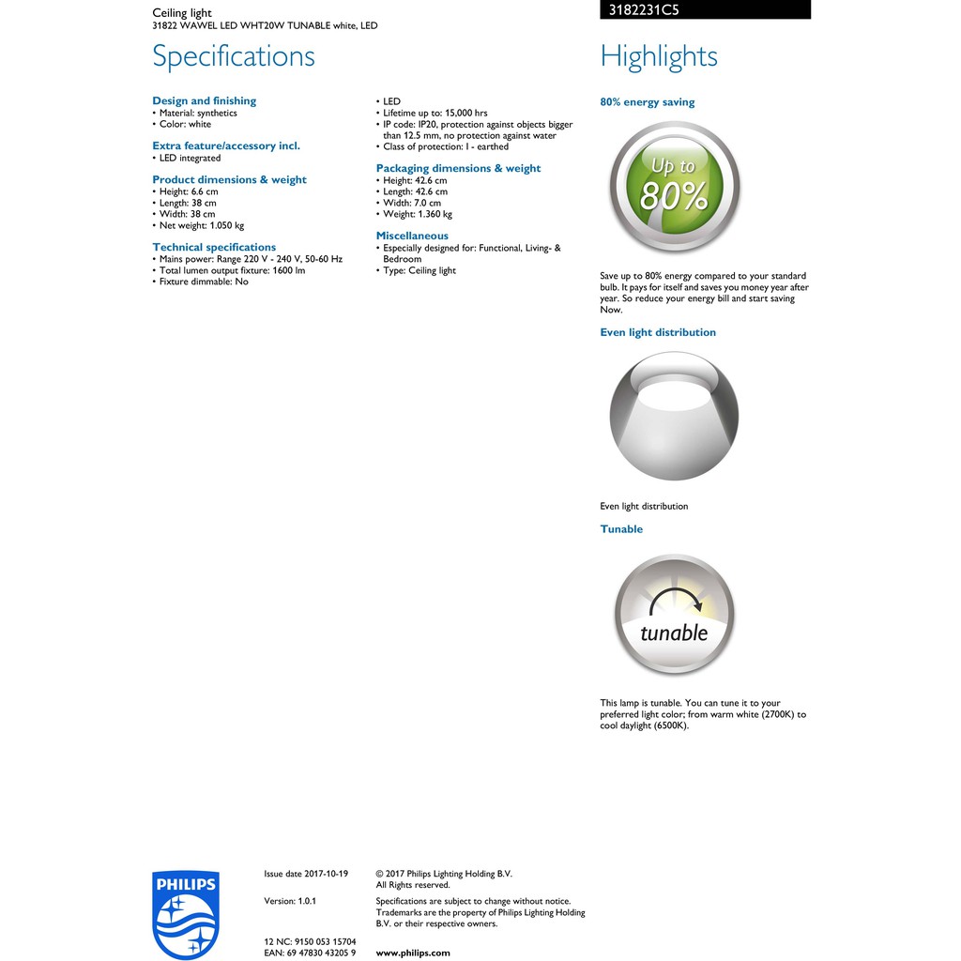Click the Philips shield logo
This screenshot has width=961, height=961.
click(185, 913)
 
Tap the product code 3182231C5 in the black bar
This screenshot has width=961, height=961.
click(639, 10)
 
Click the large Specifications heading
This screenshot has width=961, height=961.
click(234, 56)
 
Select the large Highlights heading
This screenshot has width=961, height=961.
click(659, 56)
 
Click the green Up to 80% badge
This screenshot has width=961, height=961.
click(674, 188)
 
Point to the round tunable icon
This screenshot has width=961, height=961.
click(674, 615)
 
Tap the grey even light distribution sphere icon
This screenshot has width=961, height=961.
click(674, 416)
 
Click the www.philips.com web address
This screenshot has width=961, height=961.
click(413, 953)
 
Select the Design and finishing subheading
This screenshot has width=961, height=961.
click(204, 101)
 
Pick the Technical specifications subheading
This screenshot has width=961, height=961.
click(214, 248)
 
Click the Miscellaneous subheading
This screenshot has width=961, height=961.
click(412, 236)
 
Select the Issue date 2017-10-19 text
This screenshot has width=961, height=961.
click(306, 874)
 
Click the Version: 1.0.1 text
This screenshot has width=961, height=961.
click(290, 901)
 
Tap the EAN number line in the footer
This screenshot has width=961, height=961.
click(310, 953)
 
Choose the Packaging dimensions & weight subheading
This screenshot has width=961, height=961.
click(458, 169)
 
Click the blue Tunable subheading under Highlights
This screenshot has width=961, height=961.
click(621, 529)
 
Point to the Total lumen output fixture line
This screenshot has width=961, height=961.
click(232, 270)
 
